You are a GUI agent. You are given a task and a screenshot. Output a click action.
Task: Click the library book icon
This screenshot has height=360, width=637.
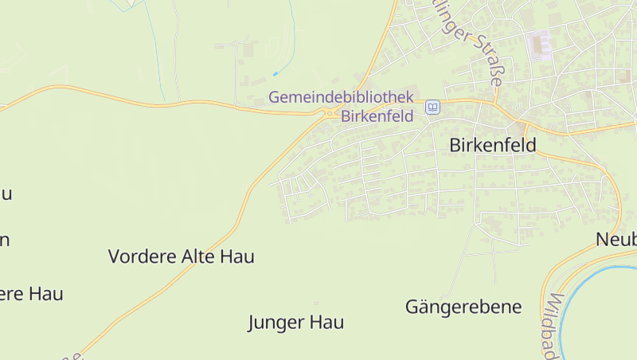click(x=432, y=107)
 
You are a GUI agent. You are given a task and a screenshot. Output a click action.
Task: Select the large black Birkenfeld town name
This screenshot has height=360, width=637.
click(x=493, y=146)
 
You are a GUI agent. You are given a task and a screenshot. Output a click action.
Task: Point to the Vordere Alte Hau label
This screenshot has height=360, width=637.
click(x=181, y=256)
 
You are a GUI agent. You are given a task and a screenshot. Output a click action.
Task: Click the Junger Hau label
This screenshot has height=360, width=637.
click(x=295, y=323)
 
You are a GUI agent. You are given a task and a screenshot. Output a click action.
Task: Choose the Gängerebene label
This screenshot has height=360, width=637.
click(x=463, y=307)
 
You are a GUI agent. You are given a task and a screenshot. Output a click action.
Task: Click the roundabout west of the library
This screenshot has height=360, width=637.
click(x=329, y=115)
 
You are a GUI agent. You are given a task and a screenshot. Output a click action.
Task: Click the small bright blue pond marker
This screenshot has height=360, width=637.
click(x=276, y=73)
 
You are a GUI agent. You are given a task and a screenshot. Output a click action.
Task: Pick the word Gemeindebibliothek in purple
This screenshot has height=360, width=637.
click(x=342, y=97)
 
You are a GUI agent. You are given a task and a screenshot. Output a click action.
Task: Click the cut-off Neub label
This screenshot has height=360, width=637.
click(x=616, y=239)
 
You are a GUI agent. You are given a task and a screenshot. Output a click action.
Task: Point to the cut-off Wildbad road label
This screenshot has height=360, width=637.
click(x=550, y=327)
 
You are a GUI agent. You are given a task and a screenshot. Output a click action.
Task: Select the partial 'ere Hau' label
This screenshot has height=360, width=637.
click(x=31, y=293)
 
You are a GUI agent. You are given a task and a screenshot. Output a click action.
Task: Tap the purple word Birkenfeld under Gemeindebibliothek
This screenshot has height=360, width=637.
click(x=377, y=115)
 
